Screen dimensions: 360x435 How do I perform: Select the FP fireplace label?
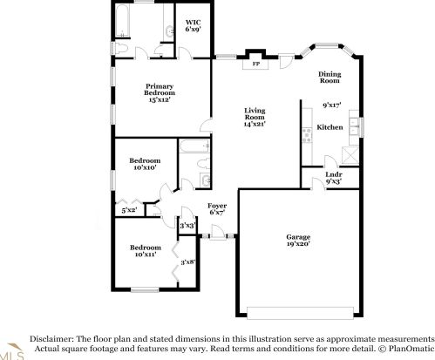click(255, 64)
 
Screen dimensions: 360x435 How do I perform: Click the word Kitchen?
click(330, 127)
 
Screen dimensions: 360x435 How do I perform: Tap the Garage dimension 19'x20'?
click(299, 244)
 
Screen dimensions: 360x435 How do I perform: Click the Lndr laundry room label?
click(331, 174)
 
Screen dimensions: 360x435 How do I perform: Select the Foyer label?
click(217, 206)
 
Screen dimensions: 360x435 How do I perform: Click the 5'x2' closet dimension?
click(128, 209)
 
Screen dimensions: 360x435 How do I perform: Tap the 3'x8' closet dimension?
click(187, 262)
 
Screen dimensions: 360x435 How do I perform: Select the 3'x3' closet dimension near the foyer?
click(187, 226)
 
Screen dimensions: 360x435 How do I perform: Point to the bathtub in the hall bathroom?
click(194, 146)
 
